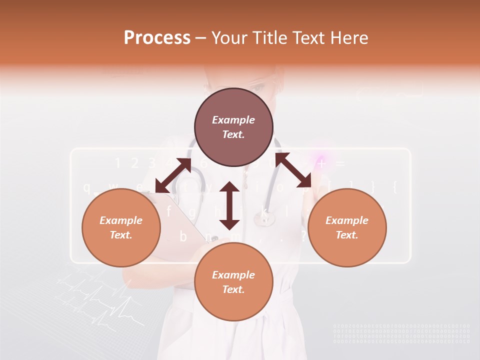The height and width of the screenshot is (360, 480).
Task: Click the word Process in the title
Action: point(157,38)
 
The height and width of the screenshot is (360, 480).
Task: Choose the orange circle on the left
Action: point(121,227)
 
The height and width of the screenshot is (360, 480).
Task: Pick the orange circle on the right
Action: point(347,227)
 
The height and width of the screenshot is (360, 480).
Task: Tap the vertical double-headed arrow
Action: point(229,205)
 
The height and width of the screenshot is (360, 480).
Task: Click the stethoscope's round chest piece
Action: point(263,217)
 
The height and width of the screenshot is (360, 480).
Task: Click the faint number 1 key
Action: point(118,163)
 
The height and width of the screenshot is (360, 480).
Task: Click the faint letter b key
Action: point(183,236)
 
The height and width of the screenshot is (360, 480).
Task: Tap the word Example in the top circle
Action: point(233,120)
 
